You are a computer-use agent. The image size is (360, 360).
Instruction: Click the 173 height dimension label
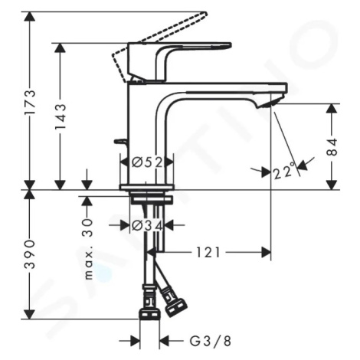click(29, 102)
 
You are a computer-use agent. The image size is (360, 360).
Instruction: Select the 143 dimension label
click(61, 116)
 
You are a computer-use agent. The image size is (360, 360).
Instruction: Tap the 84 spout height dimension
click(332, 147)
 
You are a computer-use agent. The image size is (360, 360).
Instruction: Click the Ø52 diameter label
click(147, 162)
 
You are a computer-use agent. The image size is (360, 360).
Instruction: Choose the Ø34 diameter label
click(147, 225)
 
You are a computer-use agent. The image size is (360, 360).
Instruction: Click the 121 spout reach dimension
click(208, 253)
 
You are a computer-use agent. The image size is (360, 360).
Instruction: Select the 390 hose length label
click(29, 254)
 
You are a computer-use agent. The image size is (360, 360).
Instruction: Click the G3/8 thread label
click(210, 341)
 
